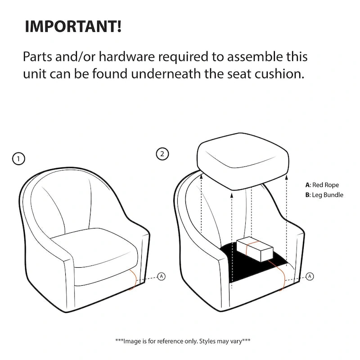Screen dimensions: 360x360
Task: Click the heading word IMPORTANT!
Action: [73, 27]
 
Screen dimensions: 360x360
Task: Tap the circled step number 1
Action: [18, 159]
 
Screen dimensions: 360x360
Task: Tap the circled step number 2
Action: [162, 154]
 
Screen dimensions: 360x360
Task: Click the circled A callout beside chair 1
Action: [162, 276]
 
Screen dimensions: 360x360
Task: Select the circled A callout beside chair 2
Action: [310, 276]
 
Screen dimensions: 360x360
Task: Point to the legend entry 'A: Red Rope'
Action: [322, 185]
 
